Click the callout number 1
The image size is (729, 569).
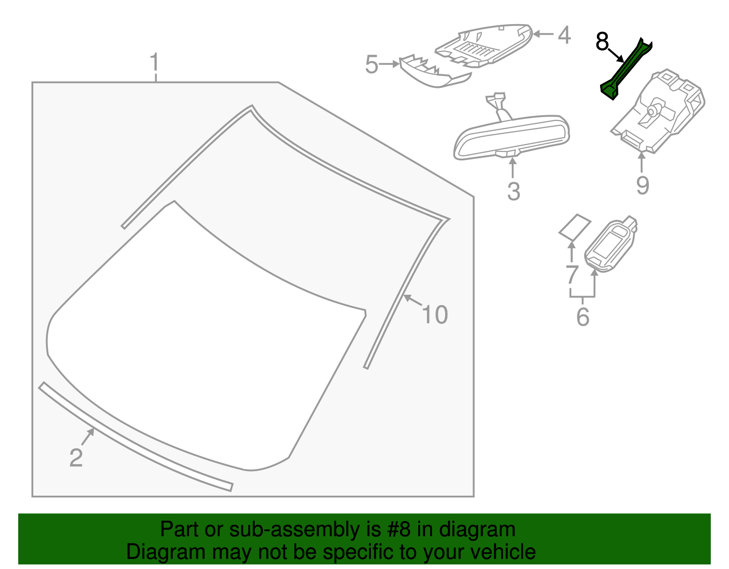click(x=155, y=63)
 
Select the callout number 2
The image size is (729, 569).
click(x=76, y=457)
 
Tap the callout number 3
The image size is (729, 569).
click(x=513, y=191)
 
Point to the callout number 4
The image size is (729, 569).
click(x=564, y=35)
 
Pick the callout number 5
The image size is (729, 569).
click(x=372, y=65)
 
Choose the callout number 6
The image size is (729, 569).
click(x=583, y=317)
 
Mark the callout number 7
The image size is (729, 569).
click(x=572, y=275)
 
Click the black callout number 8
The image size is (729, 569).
click(x=602, y=42)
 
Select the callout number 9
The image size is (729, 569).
click(x=642, y=185)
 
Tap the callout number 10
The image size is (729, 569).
click(x=435, y=315)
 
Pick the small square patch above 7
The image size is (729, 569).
click(x=575, y=226)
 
